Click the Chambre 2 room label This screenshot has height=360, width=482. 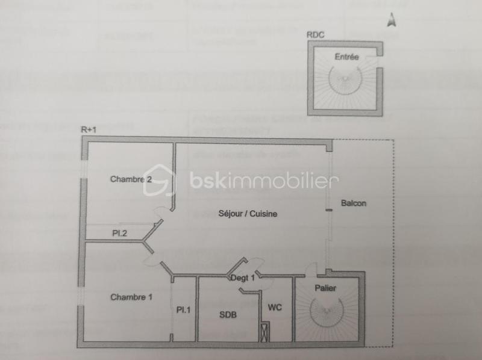pos(130,179)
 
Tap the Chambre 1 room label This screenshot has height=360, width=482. pos(131,297)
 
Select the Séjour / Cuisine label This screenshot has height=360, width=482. pos(247,213)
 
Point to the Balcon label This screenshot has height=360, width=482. pos(353,203)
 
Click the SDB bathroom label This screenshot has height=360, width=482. pos(228,314)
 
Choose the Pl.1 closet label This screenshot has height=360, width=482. pos(183,310)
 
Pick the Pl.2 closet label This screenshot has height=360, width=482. pos(119,232)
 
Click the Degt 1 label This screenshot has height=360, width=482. pos(243,278)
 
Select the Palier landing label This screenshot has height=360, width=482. pos(325,288)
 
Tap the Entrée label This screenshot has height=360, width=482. pos(346,57)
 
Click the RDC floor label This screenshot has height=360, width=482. pos(315,35)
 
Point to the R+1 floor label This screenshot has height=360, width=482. pos(89,129)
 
